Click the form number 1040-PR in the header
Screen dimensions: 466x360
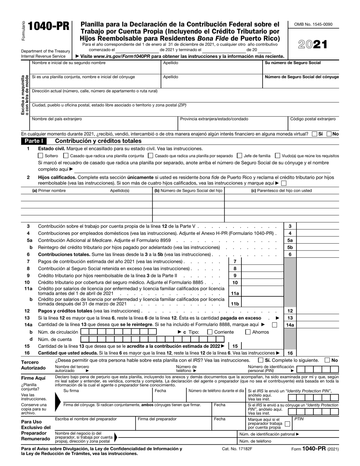point(49,27)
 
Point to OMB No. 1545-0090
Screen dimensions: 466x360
point(313,24)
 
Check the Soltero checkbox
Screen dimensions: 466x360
point(41,155)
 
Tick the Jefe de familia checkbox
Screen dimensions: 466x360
point(239,155)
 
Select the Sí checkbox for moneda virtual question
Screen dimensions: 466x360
point(314,134)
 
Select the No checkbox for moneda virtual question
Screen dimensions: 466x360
point(329,134)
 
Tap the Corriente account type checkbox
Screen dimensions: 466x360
point(210,332)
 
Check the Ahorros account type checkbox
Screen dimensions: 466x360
point(248,332)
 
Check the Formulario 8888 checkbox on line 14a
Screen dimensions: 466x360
point(275,325)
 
